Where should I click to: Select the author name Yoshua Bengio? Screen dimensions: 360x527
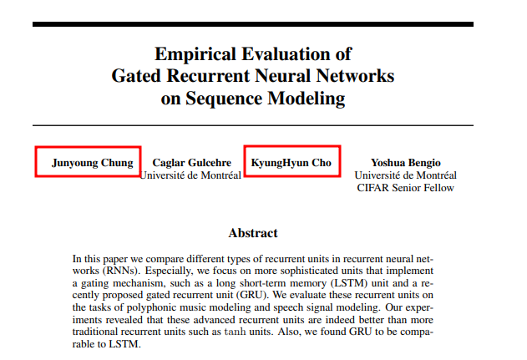pos(405,162)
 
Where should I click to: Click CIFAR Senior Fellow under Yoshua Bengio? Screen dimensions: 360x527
pos(405,187)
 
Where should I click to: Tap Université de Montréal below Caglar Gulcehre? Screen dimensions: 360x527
pos(190,175)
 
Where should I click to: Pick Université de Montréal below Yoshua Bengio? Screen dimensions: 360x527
pos(405,175)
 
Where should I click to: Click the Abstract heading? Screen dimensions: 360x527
pos(252,233)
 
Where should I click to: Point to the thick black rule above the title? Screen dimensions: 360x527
pos(252,23)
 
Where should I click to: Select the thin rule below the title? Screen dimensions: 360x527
pos(252,125)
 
